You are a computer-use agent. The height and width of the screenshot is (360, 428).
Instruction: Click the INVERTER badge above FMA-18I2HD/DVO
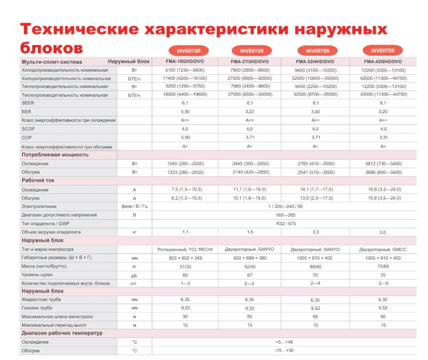[x=189, y=51]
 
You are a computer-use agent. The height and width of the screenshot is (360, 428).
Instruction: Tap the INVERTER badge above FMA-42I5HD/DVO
[x=383, y=51]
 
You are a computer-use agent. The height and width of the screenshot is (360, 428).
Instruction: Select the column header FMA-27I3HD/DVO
[x=249, y=61]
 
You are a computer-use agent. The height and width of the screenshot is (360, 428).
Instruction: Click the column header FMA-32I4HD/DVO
[x=315, y=61]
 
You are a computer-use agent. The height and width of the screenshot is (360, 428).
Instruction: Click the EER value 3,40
[x=315, y=111]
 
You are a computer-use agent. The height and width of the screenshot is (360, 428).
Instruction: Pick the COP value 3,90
[x=185, y=138]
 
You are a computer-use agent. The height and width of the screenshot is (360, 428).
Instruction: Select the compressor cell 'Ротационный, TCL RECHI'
[x=185, y=249]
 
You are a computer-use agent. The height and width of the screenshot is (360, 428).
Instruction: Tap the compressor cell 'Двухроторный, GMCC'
[x=383, y=249]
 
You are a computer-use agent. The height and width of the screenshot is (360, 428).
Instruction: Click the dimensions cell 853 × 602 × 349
[x=185, y=258]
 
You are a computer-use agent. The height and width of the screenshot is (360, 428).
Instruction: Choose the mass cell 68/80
[x=315, y=267]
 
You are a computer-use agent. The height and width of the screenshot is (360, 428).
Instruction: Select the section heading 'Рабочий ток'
[x=38, y=180]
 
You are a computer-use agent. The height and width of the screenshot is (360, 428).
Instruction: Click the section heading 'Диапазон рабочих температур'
[x=62, y=333]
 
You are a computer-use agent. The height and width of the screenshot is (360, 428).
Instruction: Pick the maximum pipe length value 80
[x=383, y=316]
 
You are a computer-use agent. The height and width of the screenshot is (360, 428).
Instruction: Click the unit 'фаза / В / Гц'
[x=134, y=206]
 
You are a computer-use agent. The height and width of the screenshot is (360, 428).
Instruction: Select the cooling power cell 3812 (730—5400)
[x=383, y=163]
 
